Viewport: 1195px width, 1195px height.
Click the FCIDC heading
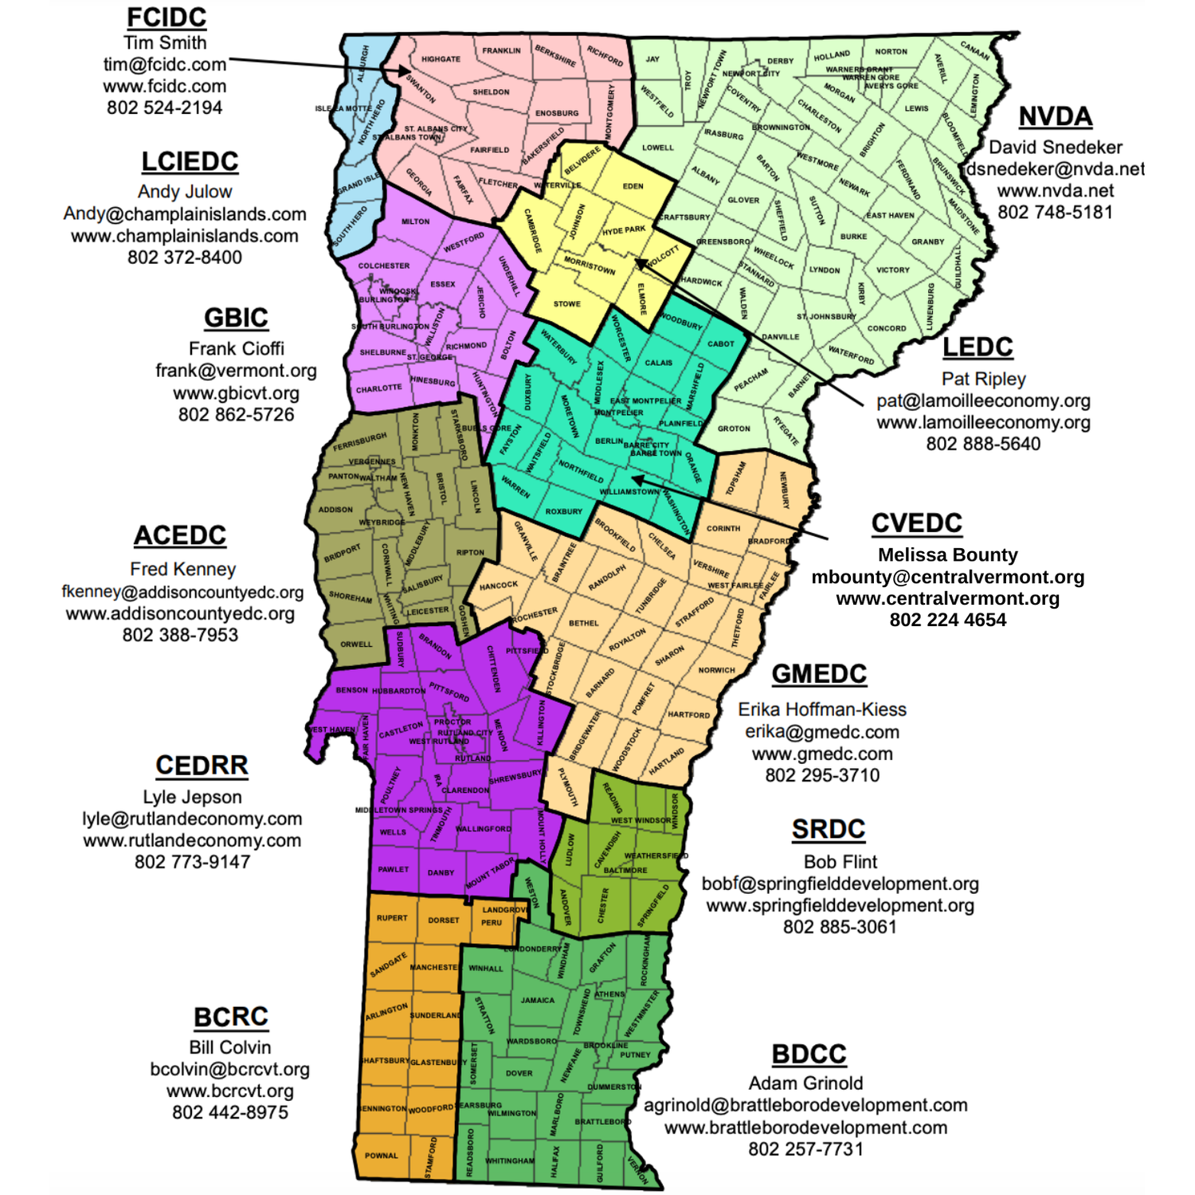[167, 18]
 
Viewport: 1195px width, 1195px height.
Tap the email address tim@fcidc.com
[165, 65]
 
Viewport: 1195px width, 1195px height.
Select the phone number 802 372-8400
[185, 257]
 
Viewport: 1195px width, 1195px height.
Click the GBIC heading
[236, 318]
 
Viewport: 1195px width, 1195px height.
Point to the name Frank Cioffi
[236, 349]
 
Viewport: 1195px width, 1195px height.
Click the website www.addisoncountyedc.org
[180, 613]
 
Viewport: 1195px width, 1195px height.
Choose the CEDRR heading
[202, 766]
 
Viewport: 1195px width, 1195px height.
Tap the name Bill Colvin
[230, 1048]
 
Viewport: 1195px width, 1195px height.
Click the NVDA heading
[1056, 117]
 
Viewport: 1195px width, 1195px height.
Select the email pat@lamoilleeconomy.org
[983, 401]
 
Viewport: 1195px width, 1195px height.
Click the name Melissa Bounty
[948, 554]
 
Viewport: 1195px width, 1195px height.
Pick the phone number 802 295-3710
[822, 775]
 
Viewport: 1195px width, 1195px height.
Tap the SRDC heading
[829, 829]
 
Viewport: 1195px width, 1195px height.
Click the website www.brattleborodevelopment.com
[806, 1127]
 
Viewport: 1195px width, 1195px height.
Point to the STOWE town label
[567, 304]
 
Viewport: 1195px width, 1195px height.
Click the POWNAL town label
[382, 1156]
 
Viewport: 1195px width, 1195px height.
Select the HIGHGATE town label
[441, 59]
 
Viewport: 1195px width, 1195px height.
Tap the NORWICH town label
[716, 670]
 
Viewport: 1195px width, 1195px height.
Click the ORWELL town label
[356, 645]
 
